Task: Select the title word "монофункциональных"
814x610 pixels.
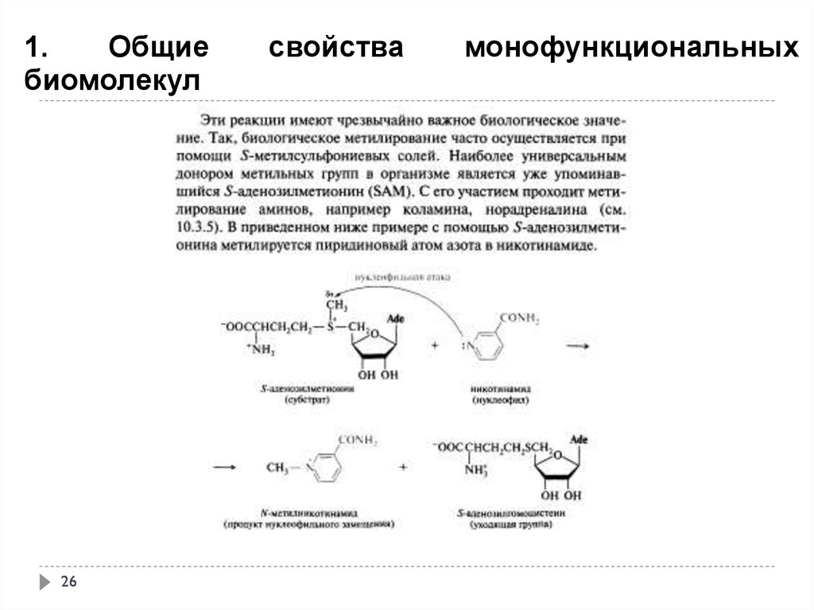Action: [632, 47]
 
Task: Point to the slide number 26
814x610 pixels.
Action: [68, 583]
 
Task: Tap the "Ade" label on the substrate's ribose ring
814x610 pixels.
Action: [394, 320]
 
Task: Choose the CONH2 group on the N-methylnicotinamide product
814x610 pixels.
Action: [358, 440]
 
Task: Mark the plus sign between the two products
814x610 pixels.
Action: [403, 468]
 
